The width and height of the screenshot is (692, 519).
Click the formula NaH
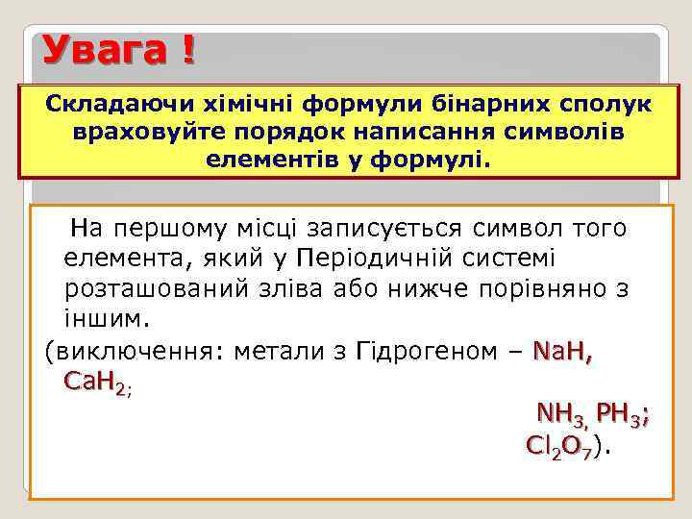click(560, 350)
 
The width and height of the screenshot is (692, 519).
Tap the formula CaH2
click(94, 383)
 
